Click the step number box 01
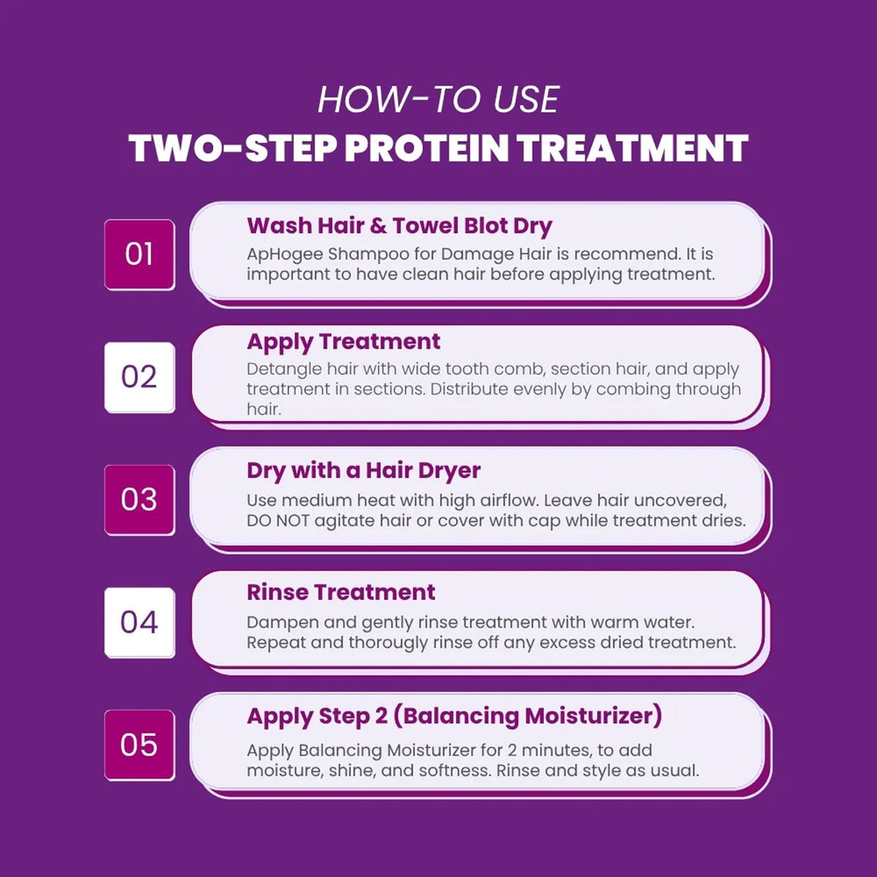pos(139,254)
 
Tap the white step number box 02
pos(139,377)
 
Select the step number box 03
pos(139,500)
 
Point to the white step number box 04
pos(139,623)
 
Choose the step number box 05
pos(139,745)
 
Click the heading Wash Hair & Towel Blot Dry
pos(399,226)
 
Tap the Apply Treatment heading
pos(344,342)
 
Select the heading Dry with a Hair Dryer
pos(364,471)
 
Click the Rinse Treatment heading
pos(341,592)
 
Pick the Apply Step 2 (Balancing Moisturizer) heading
pos(454,716)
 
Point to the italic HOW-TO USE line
pos(438,100)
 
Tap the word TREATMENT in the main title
pos(632,149)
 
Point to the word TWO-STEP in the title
pos(233,149)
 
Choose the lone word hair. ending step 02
pos(263,410)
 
